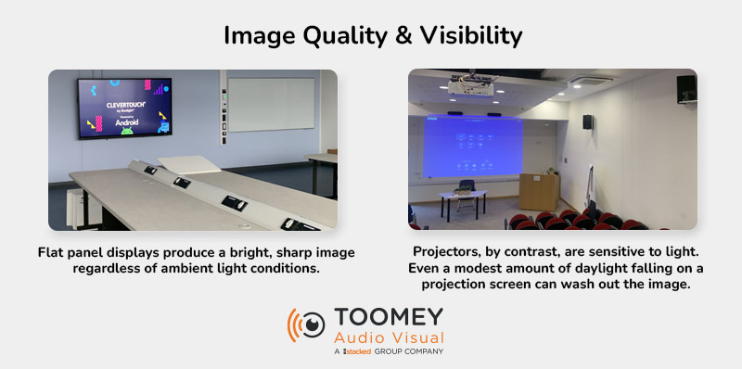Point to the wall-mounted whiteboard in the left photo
click(x=270, y=103)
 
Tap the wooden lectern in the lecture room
click(x=538, y=190)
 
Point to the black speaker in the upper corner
click(x=686, y=89)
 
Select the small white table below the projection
click(x=463, y=197)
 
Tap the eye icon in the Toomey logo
click(x=311, y=327)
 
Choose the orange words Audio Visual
click(x=390, y=337)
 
